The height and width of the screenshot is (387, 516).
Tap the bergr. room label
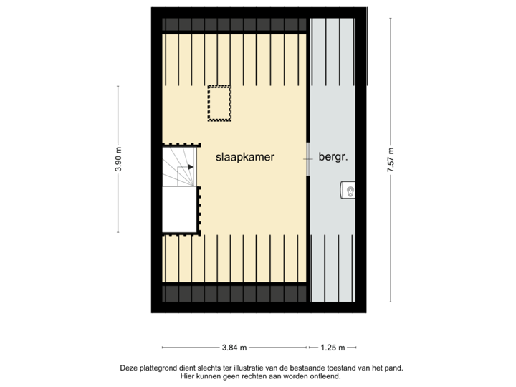click(x=334, y=156)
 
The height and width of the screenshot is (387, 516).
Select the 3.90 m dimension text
click(x=118, y=158)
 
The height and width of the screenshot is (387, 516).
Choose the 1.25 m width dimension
click(x=332, y=348)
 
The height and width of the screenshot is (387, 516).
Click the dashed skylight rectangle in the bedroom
click(x=219, y=103)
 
